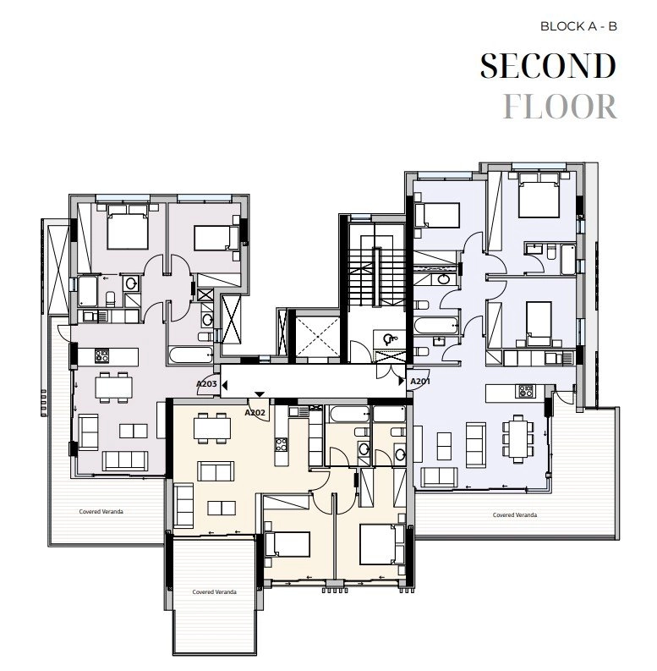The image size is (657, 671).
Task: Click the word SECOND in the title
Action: click(547, 65)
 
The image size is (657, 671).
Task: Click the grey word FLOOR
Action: click(559, 107)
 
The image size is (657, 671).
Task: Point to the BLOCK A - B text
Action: click(579, 25)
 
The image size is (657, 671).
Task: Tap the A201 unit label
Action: click(420, 382)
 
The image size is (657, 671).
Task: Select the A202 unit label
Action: click(255, 413)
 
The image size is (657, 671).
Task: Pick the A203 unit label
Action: click(206, 384)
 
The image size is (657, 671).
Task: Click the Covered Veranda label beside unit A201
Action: click(515, 514)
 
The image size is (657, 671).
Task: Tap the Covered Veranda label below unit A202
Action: click(213, 591)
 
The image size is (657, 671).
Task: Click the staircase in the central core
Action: click(371, 271)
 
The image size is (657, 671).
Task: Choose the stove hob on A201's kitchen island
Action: click(524, 391)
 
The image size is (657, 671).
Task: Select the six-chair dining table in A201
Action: click(514, 437)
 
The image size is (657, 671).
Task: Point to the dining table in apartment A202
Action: click(212, 428)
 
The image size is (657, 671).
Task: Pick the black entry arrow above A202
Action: click(260, 393)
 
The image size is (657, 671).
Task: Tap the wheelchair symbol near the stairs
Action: click(391, 339)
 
